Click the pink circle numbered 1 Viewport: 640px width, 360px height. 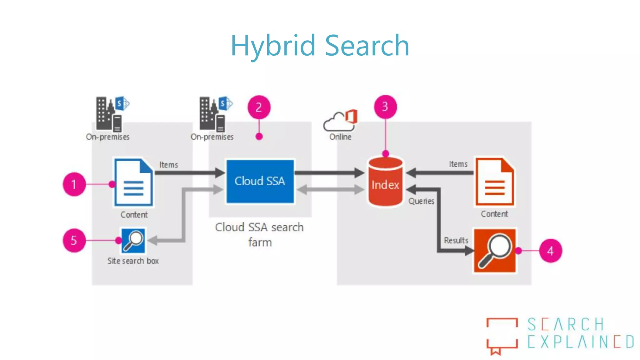coord(74,184)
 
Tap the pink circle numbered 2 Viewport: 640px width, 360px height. coord(259,107)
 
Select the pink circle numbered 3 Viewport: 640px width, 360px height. coord(385,107)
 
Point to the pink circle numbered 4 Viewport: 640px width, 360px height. coord(550,251)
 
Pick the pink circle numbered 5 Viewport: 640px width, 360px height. coord(74,240)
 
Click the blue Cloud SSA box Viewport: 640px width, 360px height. coord(260,181)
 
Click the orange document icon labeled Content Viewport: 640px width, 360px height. coord(494,182)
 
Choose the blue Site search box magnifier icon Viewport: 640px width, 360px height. coord(133,241)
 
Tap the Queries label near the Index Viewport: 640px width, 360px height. coord(421,201)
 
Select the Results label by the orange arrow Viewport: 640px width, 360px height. coord(456,240)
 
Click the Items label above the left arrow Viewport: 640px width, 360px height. coord(169,165)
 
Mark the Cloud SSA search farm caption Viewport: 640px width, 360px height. coord(259,234)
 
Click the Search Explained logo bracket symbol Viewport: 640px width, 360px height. coord(502,336)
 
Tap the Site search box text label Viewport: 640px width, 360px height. coord(133,261)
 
